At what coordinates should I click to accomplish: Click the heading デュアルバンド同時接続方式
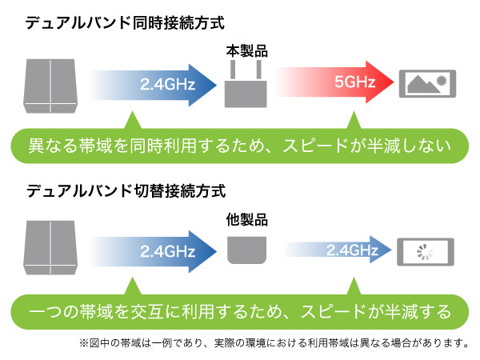click(x=125, y=23)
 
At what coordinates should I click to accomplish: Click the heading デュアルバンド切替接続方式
click(x=126, y=190)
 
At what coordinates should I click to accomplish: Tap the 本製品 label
click(x=246, y=51)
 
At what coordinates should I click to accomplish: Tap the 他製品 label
click(x=246, y=219)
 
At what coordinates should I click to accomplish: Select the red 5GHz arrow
click(x=335, y=82)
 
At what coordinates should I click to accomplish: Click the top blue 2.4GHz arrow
click(x=153, y=85)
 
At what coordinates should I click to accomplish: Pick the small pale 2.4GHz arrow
click(x=338, y=249)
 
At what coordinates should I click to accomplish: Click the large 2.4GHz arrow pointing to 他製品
click(x=153, y=251)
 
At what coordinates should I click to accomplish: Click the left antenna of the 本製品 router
click(x=233, y=70)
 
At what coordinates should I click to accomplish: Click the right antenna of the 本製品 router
click(x=259, y=70)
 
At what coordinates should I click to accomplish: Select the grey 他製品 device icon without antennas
click(x=246, y=250)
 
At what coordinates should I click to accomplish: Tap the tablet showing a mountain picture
click(x=427, y=84)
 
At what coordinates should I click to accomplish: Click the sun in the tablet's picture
click(x=442, y=80)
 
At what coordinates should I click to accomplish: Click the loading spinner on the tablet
click(x=425, y=252)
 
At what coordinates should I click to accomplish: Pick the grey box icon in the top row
click(x=50, y=86)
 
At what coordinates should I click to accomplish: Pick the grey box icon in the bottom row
click(x=50, y=248)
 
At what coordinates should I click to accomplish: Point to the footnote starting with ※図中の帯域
click(x=274, y=343)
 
